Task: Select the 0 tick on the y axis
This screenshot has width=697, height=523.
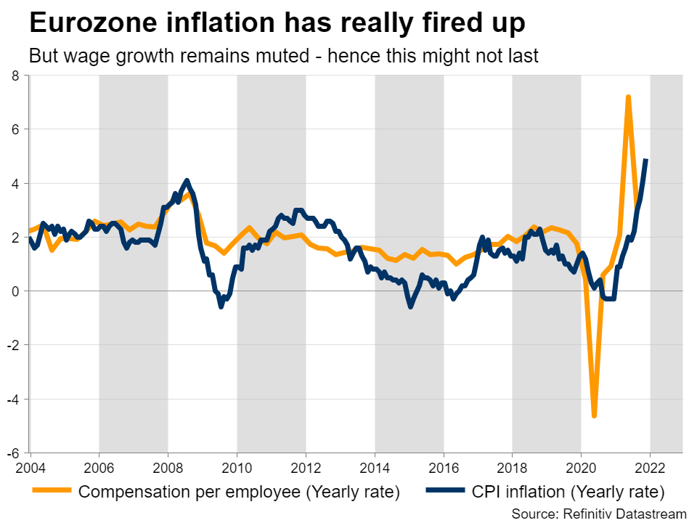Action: click(20, 291)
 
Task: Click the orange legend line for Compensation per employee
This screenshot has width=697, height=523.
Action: click(52, 492)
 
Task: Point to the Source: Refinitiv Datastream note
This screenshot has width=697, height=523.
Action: click(598, 514)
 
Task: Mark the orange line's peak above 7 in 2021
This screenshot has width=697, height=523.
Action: click(628, 97)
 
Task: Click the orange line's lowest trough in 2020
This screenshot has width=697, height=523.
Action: click(594, 415)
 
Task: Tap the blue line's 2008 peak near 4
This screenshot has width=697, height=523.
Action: click(187, 180)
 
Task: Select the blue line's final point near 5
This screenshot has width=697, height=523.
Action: click(646, 161)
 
